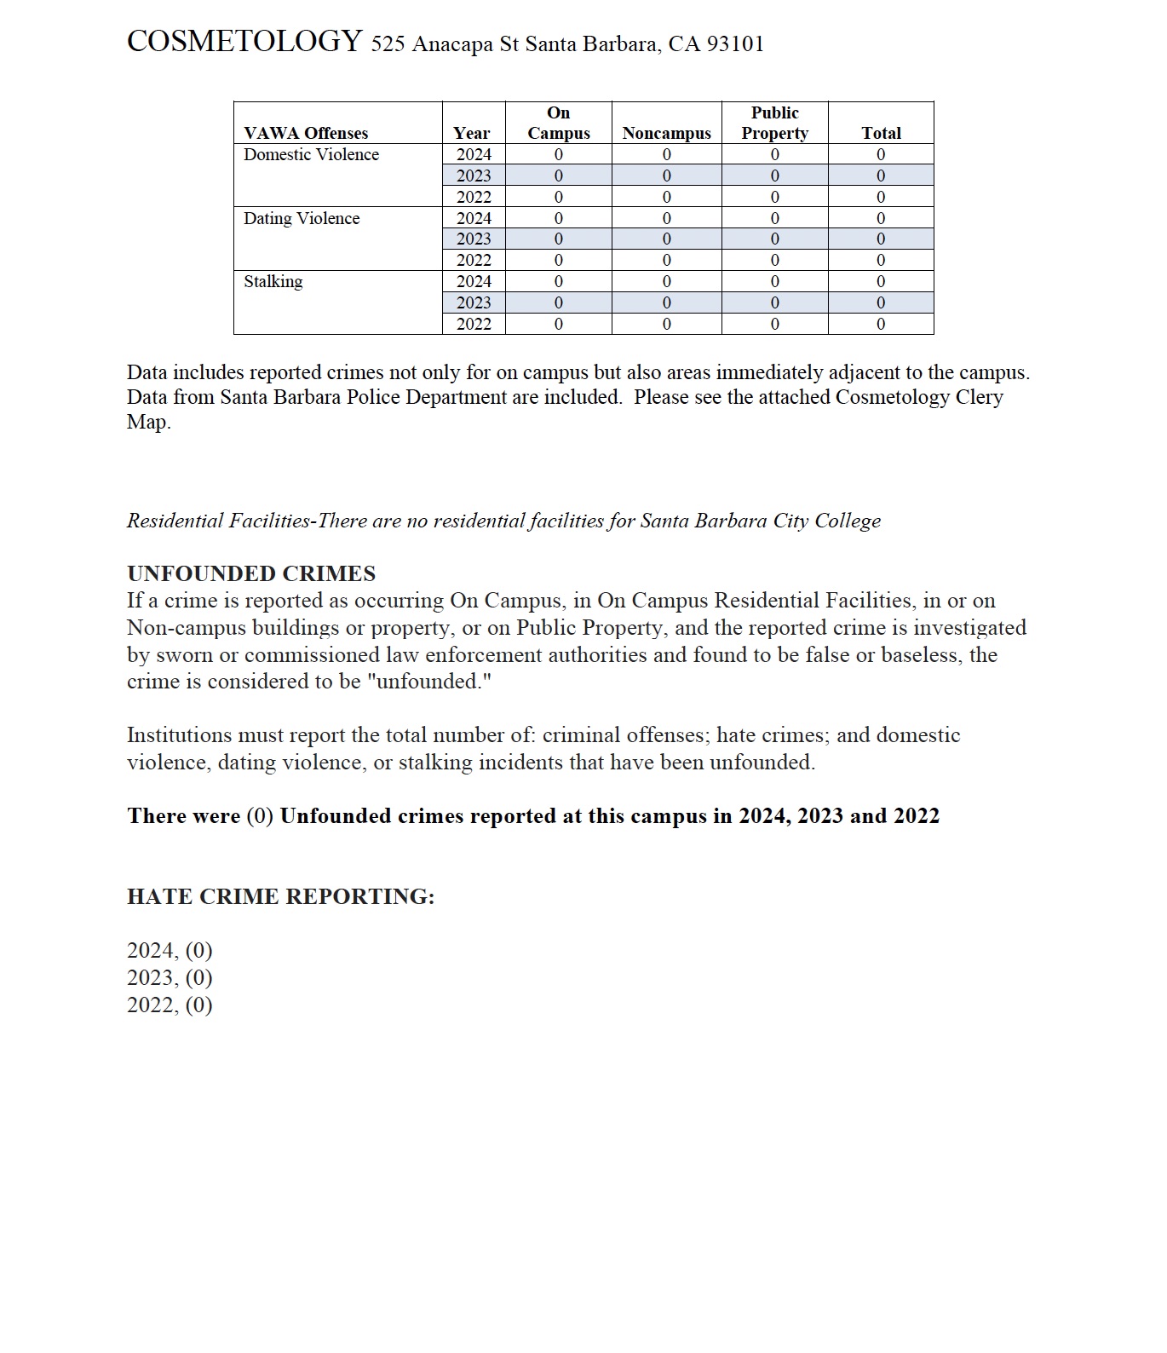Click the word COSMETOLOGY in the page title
click(x=244, y=41)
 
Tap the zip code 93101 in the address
click(x=735, y=44)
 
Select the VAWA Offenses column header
click(x=306, y=133)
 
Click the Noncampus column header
click(x=666, y=133)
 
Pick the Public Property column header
click(x=774, y=124)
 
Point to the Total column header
click(x=881, y=133)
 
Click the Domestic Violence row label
click(x=311, y=154)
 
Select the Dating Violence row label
click(x=302, y=218)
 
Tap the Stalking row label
click(x=273, y=281)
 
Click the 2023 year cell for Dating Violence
click(x=474, y=239)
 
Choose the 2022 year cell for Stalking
click(x=474, y=324)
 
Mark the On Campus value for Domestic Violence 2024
click(x=559, y=154)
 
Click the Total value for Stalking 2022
click(x=881, y=324)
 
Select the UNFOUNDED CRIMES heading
click(x=251, y=573)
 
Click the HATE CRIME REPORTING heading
click(x=280, y=896)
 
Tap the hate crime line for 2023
click(x=170, y=977)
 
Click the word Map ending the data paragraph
click(x=148, y=422)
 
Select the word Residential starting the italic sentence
click(x=175, y=521)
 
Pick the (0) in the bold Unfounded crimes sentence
click(x=260, y=816)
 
